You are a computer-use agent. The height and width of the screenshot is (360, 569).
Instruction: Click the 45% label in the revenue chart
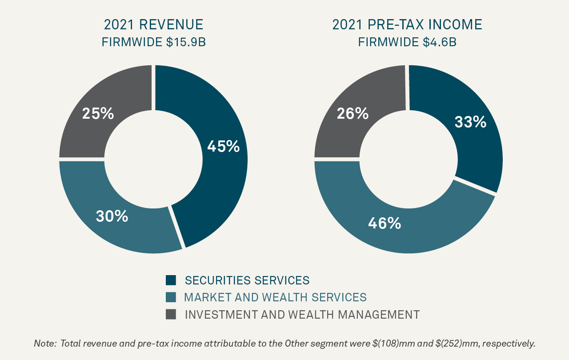(x=223, y=146)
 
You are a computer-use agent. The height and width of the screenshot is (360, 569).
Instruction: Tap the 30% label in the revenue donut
(x=112, y=216)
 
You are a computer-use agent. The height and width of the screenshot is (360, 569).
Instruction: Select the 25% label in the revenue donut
(x=98, y=114)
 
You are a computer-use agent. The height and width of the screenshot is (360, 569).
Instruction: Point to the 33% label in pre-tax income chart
(x=470, y=122)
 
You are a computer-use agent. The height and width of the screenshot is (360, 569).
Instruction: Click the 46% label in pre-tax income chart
(x=385, y=223)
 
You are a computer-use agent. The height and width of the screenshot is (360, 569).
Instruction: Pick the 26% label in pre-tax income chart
(x=353, y=114)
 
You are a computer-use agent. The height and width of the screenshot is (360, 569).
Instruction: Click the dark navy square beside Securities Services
(x=171, y=280)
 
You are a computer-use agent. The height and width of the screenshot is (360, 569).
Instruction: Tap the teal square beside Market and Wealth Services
(x=171, y=297)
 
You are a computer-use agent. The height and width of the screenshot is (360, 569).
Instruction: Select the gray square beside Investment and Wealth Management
(x=171, y=314)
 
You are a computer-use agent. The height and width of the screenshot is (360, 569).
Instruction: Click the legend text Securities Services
(x=247, y=280)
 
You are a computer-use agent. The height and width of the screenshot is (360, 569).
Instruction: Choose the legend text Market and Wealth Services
(x=276, y=297)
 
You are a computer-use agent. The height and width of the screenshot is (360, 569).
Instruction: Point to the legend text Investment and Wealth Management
(x=302, y=314)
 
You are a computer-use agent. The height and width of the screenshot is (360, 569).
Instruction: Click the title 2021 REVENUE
(x=153, y=24)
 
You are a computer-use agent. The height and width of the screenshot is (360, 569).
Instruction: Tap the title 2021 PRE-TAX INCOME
(x=407, y=24)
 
